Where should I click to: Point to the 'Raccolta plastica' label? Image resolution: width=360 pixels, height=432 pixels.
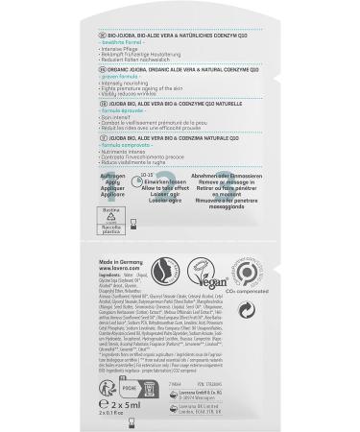click(x=111, y=230)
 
